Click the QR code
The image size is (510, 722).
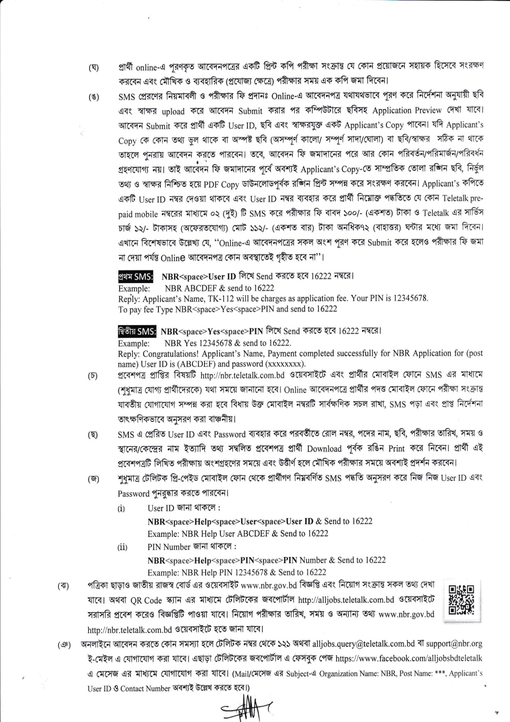click(x=461, y=600)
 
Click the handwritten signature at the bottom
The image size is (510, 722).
click(x=247, y=707)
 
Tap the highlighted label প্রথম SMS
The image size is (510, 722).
click(x=136, y=276)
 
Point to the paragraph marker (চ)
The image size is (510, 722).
click(x=93, y=376)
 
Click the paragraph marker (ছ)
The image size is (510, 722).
click(x=93, y=435)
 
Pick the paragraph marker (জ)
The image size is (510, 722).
click(x=94, y=478)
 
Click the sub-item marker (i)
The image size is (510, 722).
click(x=121, y=508)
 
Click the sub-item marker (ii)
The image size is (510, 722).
click(x=123, y=547)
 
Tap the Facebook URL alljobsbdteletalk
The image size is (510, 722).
click(x=409, y=658)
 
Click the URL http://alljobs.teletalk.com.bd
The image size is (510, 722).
click(x=346, y=600)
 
